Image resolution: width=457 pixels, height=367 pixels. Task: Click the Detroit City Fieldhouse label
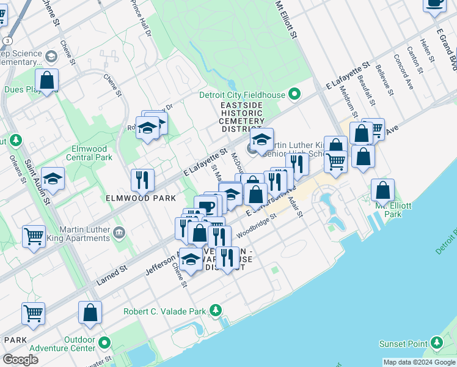click(x=243, y=95)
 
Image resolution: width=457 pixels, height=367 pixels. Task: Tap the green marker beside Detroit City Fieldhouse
click(x=294, y=94)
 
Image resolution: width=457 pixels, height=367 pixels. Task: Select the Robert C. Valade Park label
click(x=165, y=311)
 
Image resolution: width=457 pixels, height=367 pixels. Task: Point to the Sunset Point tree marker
click(x=437, y=343)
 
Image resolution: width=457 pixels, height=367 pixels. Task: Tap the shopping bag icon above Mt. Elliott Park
click(x=382, y=191)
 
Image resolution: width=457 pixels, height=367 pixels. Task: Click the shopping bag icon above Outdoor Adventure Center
click(x=90, y=313)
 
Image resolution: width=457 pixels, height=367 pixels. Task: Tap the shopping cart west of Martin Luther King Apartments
click(x=34, y=236)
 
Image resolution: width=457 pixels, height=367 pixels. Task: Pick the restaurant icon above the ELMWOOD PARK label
click(x=142, y=180)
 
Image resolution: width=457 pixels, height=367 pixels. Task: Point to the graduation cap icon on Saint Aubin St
click(x=53, y=179)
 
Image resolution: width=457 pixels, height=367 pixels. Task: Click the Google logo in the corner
click(x=20, y=360)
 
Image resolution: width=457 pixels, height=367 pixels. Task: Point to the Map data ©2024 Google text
click(x=419, y=362)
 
